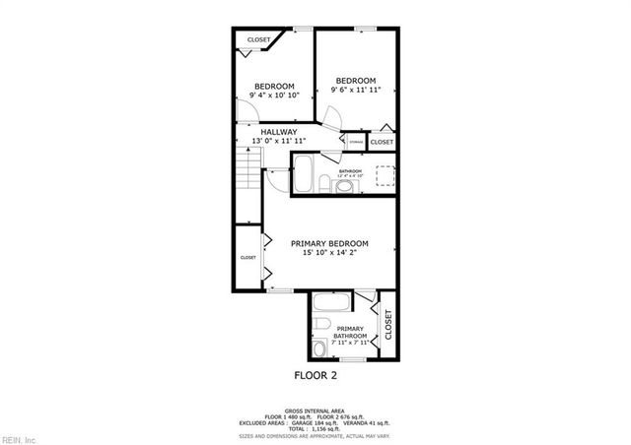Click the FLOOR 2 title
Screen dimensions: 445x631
(315, 375)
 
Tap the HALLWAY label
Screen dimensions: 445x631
(279, 132)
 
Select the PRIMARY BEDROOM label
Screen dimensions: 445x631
(329, 243)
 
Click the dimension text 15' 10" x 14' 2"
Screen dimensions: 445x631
(329, 253)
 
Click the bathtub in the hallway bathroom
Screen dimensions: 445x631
(305, 173)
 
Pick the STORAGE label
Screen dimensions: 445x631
(356, 143)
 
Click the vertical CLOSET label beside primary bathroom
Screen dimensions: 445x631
(387, 325)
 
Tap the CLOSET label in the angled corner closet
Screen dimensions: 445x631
(258, 40)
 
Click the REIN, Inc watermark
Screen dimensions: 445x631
(19, 438)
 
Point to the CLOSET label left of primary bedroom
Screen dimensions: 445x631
(247, 258)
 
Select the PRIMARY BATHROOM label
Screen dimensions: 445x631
(350, 332)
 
